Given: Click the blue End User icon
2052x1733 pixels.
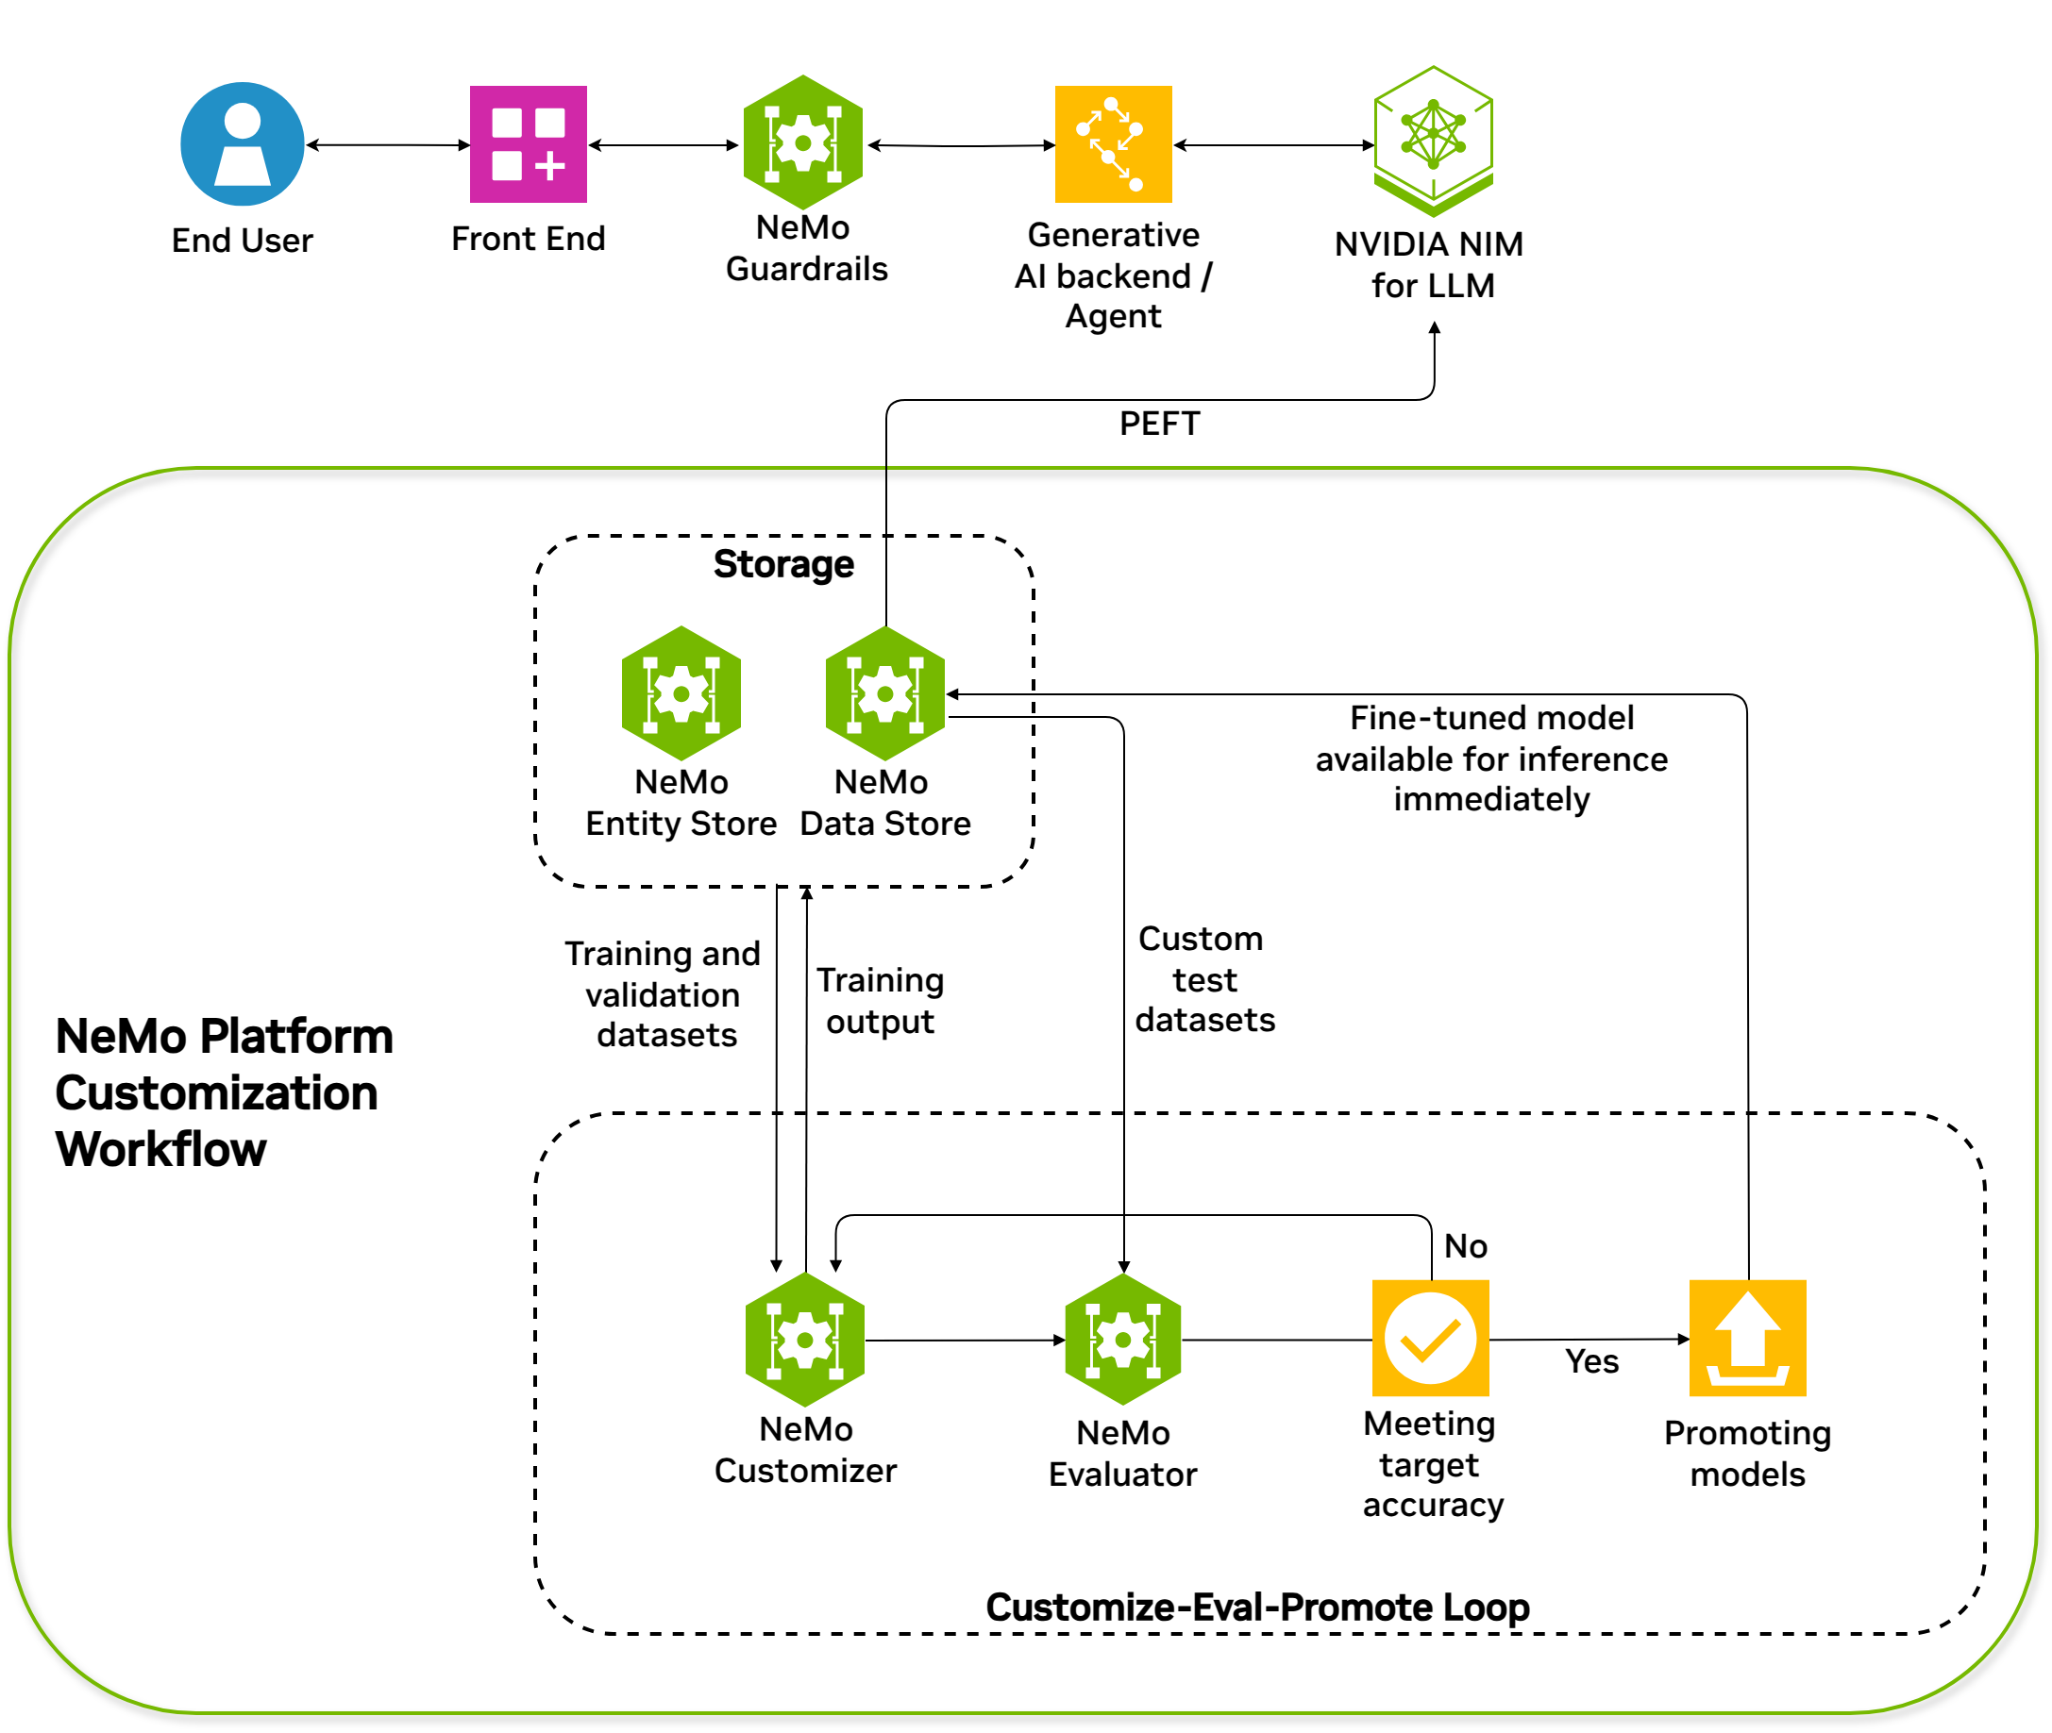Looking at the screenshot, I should click(x=242, y=143).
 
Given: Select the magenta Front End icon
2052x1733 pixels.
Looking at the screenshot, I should click(x=528, y=143).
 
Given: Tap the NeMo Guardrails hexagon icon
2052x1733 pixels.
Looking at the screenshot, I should click(x=803, y=143).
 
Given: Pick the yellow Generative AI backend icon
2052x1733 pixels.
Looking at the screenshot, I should click(x=1113, y=143).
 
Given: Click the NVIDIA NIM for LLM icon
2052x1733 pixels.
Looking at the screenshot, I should click(x=1433, y=141).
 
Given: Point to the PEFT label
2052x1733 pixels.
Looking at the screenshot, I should click(x=1159, y=424).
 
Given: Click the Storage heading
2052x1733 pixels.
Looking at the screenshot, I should click(x=783, y=564).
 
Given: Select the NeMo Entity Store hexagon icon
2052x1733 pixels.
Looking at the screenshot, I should click(x=681, y=693).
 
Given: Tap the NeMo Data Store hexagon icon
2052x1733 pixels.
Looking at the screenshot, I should click(x=884, y=693).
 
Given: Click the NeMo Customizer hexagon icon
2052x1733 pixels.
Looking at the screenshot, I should click(x=805, y=1339).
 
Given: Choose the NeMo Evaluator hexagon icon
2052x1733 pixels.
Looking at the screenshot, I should click(x=1122, y=1339).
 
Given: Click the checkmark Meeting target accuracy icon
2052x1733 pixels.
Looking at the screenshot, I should click(x=1430, y=1337).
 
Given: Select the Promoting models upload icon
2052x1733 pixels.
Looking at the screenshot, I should click(x=1746, y=1337).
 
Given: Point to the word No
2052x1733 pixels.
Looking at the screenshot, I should click(x=1465, y=1245).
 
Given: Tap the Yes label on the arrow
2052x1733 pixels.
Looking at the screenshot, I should click(x=1591, y=1360).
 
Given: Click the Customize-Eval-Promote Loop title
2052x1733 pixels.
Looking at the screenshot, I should click(x=1257, y=1607).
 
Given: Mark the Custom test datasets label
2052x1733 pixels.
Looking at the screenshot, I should click(x=1203, y=979).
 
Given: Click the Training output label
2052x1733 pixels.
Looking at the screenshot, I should click(x=880, y=1000).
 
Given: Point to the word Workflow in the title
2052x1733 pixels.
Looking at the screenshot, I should click(x=161, y=1148).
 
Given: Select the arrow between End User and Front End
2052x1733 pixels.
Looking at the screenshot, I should click(x=387, y=145).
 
